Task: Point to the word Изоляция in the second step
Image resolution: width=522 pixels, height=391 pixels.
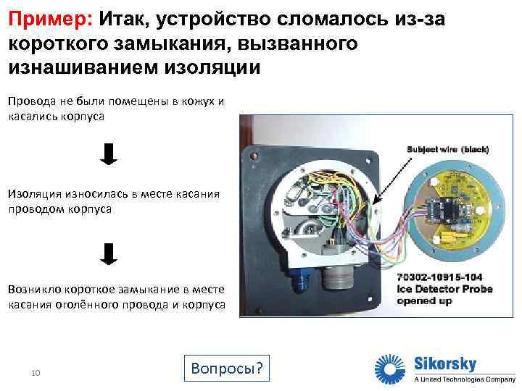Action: pos(36,193)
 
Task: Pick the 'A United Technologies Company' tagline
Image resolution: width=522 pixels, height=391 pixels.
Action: pos(464,379)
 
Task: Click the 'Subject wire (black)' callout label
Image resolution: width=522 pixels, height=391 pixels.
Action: pos(448,149)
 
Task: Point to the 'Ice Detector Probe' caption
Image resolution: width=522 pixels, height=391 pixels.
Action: pos(444,289)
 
